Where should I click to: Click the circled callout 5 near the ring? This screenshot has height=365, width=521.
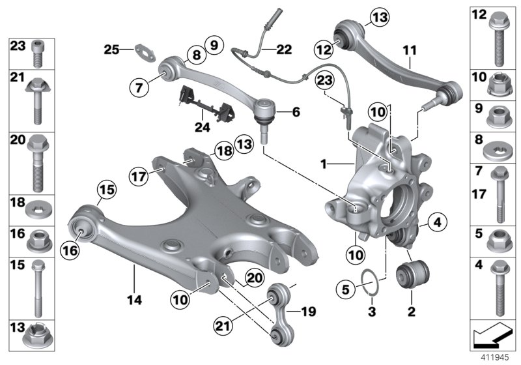click(346, 286)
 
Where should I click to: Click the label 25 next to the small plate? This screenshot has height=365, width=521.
click(111, 48)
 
